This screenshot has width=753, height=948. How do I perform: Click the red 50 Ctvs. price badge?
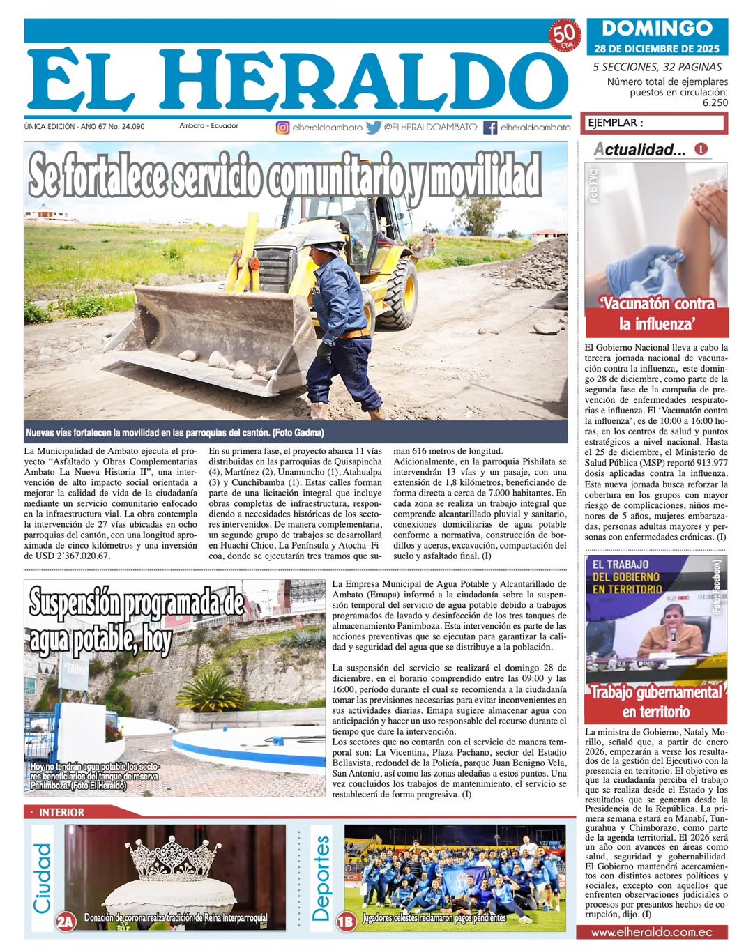click(x=563, y=34)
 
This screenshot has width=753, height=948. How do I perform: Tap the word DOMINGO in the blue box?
click(x=657, y=28)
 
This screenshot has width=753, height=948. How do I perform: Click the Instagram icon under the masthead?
click(x=282, y=128)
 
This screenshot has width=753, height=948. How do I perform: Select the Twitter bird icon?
click(x=374, y=128)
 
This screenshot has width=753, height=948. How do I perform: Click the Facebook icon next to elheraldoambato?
click(x=490, y=128)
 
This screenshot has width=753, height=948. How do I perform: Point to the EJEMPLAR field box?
click(x=655, y=123)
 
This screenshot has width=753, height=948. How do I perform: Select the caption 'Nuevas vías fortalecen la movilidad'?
click(x=175, y=433)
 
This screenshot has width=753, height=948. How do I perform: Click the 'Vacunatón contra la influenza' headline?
click(x=656, y=314)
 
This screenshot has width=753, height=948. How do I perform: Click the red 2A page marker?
click(x=66, y=922)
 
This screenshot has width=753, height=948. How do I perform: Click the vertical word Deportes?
click(x=320, y=878)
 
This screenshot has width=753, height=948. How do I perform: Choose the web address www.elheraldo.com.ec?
click(x=651, y=932)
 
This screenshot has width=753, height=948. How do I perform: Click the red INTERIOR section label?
click(x=61, y=812)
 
